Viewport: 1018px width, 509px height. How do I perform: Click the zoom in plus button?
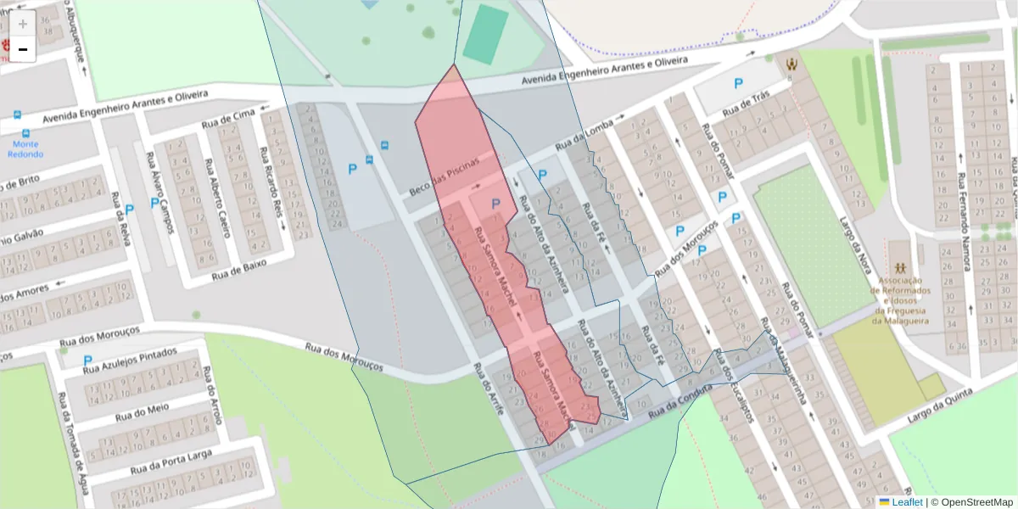23,24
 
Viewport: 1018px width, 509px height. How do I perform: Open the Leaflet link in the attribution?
907,501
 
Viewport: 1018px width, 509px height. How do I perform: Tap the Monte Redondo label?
24,149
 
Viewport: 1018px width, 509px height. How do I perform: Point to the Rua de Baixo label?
239,269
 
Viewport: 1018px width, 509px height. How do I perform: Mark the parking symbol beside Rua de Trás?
738,84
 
